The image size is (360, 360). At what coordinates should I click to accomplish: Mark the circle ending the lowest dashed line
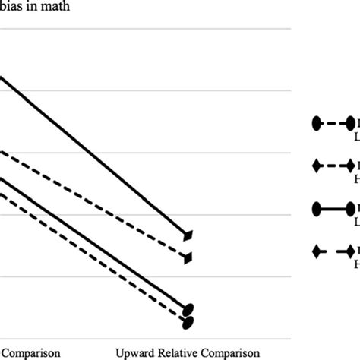point(188,321)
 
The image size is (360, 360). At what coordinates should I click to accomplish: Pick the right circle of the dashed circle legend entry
point(351,122)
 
